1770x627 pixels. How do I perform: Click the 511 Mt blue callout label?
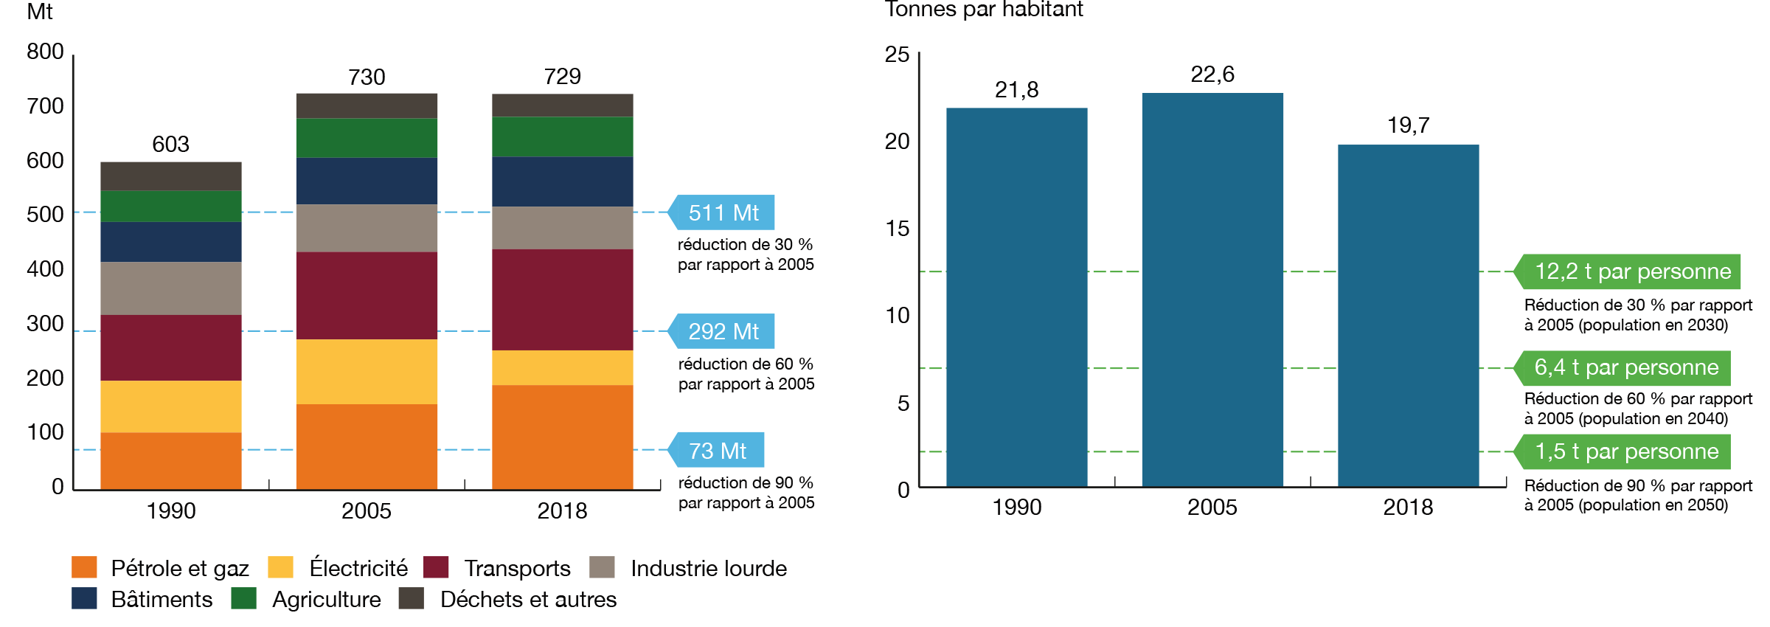click(x=723, y=212)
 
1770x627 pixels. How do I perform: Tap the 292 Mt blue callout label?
click(x=723, y=331)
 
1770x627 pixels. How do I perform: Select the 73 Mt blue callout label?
click(x=717, y=450)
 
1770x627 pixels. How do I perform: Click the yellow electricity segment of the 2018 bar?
click(x=562, y=367)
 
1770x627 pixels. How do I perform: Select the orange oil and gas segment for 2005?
click(x=367, y=446)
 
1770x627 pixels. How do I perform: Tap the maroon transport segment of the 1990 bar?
click(x=170, y=347)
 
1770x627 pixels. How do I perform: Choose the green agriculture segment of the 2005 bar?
click(x=367, y=137)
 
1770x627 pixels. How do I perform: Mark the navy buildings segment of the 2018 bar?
click(x=562, y=181)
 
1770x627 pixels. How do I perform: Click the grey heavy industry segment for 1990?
click(x=170, y=288)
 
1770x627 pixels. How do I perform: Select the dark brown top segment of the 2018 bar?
click(x=562, y=105)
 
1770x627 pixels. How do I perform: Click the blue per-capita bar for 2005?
click(x=1212, y=289)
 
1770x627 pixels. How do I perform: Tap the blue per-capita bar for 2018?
click(x=1408, y=315)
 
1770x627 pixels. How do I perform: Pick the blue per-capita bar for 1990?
click(x=1016, y=297)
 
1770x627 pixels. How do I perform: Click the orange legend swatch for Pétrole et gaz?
click(x=84, y=567)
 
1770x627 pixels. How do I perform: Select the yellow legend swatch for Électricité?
click(x=280, y=567)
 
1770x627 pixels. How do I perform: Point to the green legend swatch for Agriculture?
click(x=243, y=598)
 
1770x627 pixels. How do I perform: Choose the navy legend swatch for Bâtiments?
click(x=84, y=598)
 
